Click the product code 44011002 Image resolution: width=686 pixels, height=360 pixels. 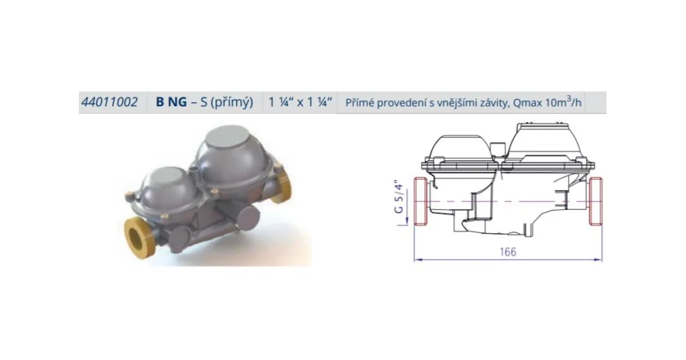coord(109,102)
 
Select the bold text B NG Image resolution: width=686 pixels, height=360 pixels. coord(171,102)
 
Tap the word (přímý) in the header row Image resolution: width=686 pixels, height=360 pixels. coord(233,103)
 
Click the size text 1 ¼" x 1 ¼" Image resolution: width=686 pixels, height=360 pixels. coord(300,102)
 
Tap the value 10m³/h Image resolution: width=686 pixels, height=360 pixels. coord(563,102)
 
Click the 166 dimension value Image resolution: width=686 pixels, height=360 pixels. coord(508,252)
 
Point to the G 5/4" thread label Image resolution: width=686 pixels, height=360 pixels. coord(399,196)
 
